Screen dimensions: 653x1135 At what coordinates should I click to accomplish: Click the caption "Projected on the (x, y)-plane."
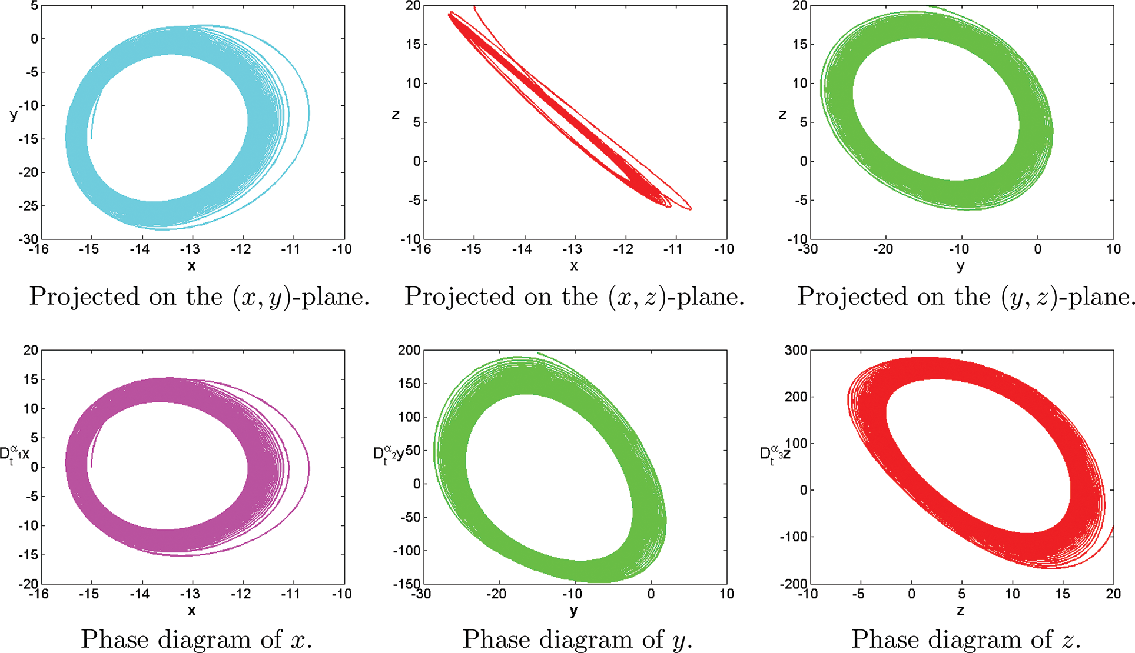click(199, 296)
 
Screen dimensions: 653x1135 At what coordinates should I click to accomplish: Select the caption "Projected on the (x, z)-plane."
click(574, 296)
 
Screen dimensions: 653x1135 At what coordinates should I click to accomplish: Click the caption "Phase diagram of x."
click(196, 639)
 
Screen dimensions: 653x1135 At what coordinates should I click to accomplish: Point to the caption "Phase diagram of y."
click(577, 639)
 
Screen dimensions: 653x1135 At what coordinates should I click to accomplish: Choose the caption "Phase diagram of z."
click(965, 639)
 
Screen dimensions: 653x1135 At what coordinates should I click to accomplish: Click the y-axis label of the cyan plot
click(14, 114)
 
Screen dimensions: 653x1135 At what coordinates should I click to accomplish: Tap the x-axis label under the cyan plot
click(191, 266)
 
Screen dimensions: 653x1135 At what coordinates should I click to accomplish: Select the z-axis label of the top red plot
click(396, 114)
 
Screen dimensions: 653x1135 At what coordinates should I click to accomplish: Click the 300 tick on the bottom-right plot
click(796, 351)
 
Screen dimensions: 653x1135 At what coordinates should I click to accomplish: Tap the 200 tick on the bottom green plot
click(409, 351)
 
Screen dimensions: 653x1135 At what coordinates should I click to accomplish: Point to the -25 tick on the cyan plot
click(28, 206)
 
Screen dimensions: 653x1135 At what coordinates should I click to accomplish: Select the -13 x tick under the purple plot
click(190, 594)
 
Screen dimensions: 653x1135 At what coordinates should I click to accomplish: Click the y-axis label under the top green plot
click(960, 266)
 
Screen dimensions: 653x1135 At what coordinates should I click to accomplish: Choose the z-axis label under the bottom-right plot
click(960, 611)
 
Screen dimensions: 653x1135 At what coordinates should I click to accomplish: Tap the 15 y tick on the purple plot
click(31, 379)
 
